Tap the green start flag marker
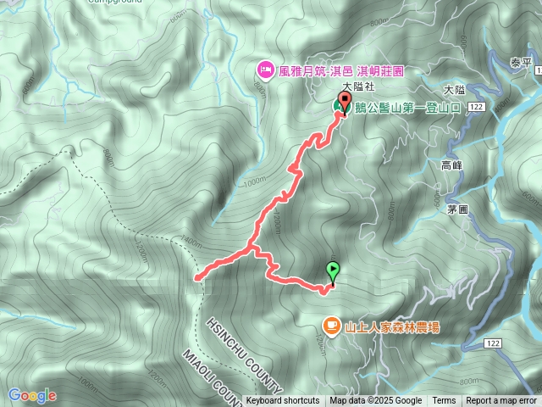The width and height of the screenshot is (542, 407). [333, 271]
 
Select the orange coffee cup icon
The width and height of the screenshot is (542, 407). [331, 326]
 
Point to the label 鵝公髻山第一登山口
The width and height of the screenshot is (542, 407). [408, 107]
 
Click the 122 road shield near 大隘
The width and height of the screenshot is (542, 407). [475, 106]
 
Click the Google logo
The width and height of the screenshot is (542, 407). [32, 395]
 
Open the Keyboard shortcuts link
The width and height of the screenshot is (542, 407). [283, 400]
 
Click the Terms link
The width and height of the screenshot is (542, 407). [444, 400]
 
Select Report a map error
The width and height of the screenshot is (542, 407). [501, 400]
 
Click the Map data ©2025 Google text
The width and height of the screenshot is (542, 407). [376, 400]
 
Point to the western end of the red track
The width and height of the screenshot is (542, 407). [197, 277]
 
